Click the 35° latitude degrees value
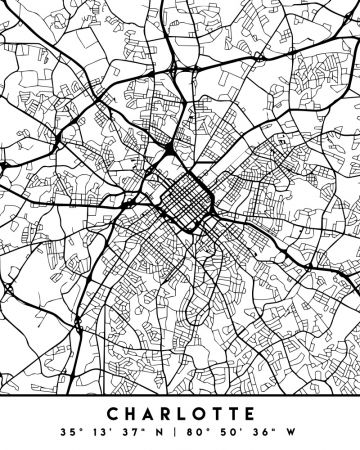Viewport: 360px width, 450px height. [x=69, y=433]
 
